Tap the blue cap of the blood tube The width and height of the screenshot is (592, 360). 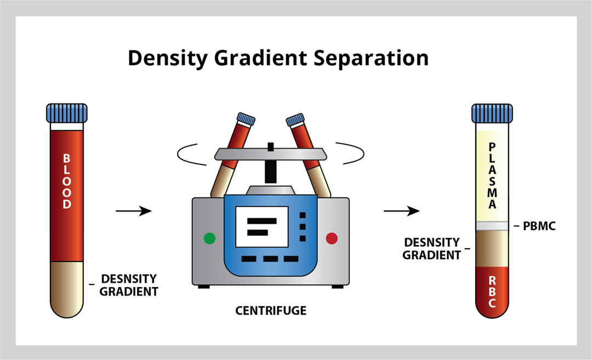point(66,112)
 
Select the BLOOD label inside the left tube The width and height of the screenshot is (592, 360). point(66,181)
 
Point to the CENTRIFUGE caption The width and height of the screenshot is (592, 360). point(271,311)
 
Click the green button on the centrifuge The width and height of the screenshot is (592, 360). point(209,238)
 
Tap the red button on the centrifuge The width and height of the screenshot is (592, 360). point(332,238)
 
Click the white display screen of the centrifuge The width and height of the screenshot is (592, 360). point(261,226)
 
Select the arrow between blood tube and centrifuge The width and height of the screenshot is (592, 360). point(134,210)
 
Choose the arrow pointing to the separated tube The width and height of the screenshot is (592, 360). point(401,210)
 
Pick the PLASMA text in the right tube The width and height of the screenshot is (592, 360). point(492,176)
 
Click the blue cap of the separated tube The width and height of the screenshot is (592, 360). point(492,113)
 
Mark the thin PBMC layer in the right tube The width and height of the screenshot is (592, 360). point(492,225)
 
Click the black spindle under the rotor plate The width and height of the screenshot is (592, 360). point(270,171)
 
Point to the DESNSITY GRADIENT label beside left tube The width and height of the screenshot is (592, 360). point(129,285)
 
